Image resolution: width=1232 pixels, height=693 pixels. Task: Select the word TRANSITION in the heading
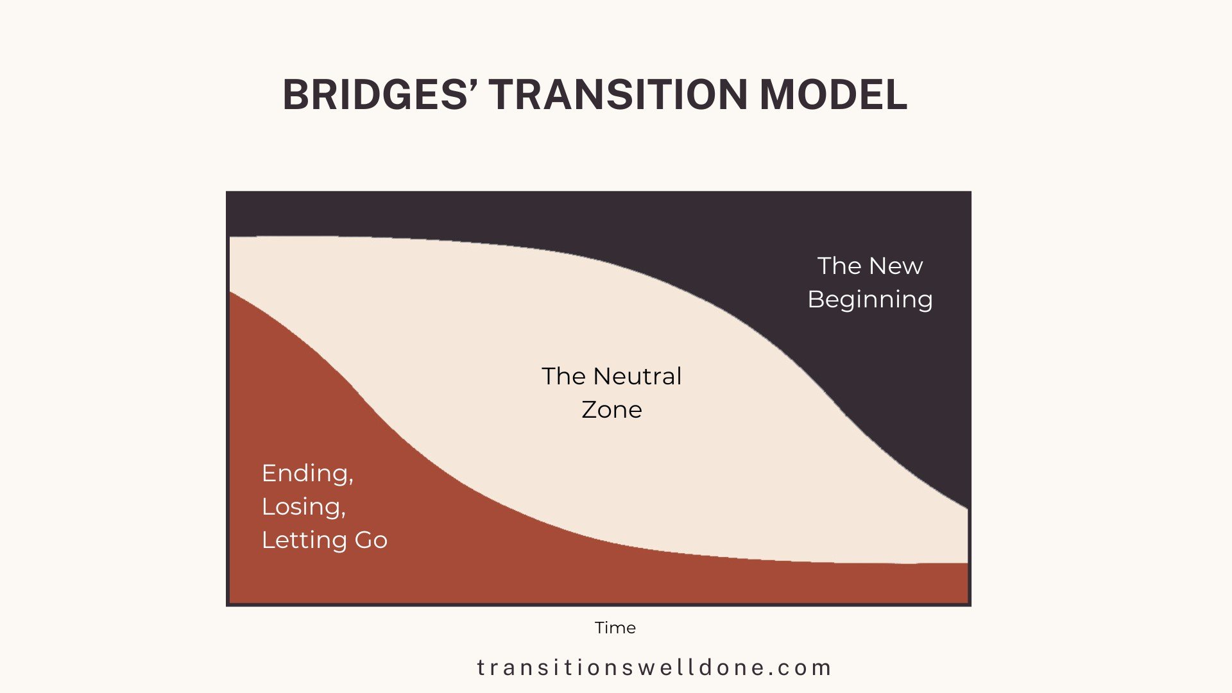pos(619,95)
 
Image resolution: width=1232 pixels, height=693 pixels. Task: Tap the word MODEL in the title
pos(834,95)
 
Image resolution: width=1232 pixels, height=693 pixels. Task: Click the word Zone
pos(612,410)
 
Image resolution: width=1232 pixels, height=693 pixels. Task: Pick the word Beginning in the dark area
pos(869,300)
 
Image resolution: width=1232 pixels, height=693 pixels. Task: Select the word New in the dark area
pos(896,266)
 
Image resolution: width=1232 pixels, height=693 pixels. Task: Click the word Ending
pos(305,474)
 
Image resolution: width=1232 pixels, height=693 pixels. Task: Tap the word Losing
pos(302,507)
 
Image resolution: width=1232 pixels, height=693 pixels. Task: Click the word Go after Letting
pos(371,540)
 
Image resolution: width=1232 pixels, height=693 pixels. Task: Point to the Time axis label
pos(615,628)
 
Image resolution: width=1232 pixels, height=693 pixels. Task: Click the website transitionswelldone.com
pos(654,668)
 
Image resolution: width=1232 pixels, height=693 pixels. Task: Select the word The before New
pos(839,266)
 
